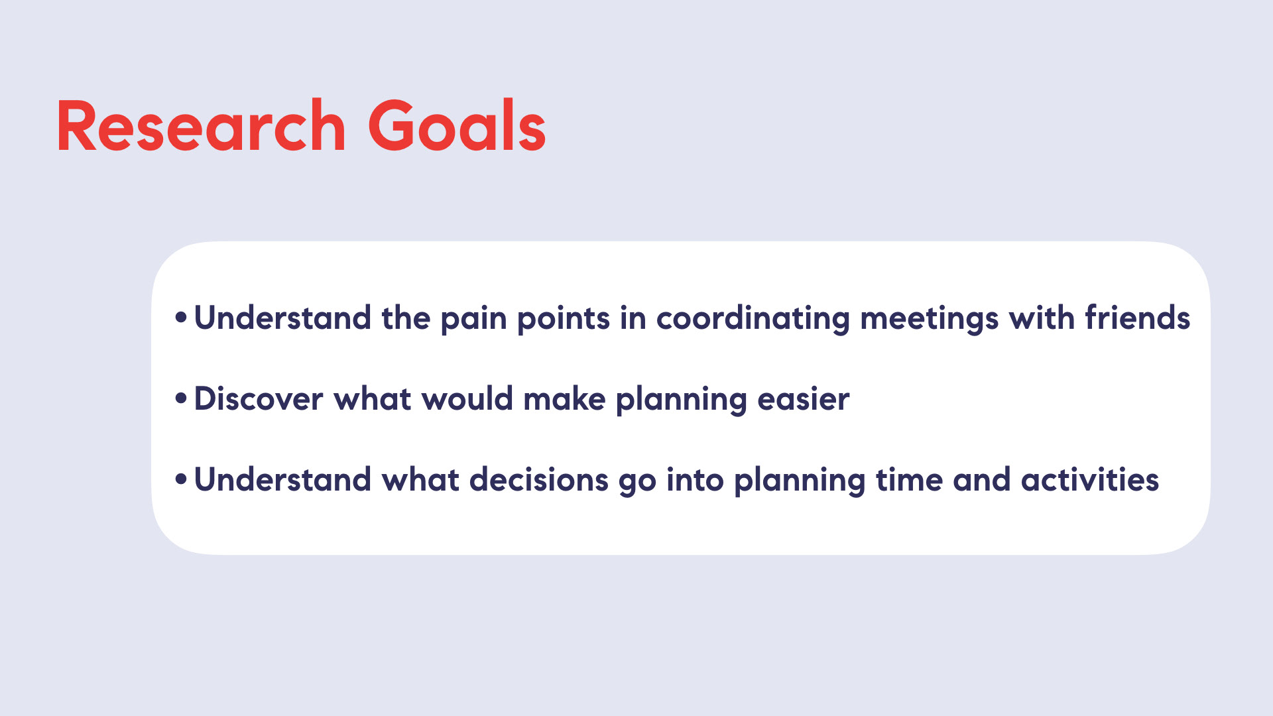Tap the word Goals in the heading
457,126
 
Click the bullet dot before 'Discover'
181,398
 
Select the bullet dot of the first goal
181,318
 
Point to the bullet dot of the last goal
181,479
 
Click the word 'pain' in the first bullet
473,320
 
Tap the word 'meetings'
929,320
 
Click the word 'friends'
1137,318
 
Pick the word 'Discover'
259,398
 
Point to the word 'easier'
803,400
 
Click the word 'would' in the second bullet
467,398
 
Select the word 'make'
564,398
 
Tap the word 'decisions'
539,479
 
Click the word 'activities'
1090,479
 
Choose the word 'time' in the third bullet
909,479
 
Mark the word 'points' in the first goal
563,320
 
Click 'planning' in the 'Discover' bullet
682,400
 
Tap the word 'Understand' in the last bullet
282,479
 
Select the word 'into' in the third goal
695,479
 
